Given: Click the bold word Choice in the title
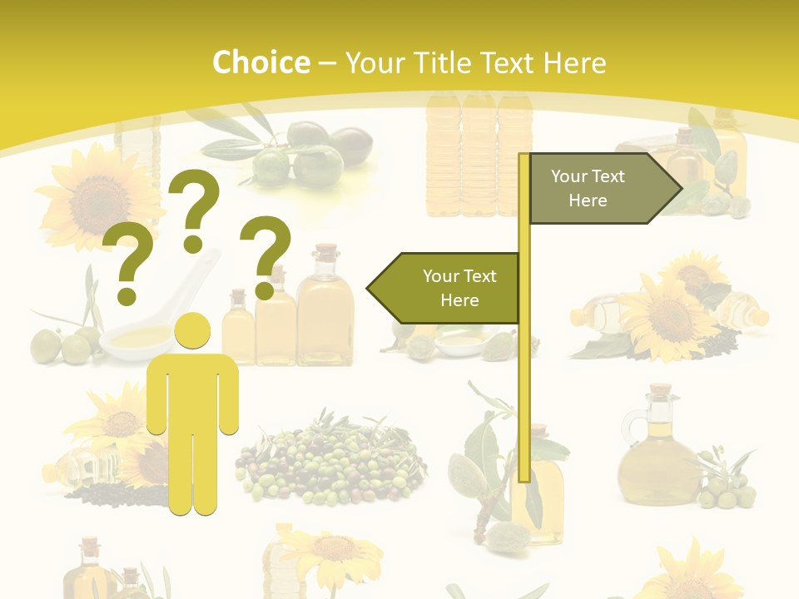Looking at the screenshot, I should [261, 62].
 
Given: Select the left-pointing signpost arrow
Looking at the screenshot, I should [445, 288].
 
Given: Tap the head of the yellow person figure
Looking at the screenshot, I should [192, 331].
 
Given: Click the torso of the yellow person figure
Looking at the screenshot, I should [192, 391].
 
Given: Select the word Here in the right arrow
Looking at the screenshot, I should [588, 200].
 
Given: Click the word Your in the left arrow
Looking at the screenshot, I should [440, 276].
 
